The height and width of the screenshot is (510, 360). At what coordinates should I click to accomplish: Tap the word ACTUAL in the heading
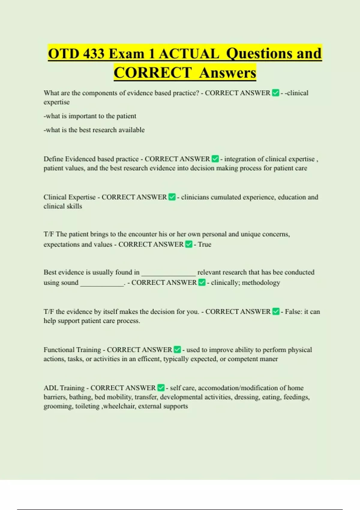coord(189,54)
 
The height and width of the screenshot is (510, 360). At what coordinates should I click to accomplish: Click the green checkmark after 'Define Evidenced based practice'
coord(215,159)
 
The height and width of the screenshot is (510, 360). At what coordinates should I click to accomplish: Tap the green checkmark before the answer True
coord(189,244)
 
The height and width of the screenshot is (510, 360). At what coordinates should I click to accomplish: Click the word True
coord(205,244)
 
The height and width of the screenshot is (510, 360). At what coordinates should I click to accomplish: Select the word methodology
coord(261,283)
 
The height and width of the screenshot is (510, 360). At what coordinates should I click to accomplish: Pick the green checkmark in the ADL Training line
coord(161,388)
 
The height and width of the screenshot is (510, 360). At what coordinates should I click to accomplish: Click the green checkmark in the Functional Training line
coord(177,349)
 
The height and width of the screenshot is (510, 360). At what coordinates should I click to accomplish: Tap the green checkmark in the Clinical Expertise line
coord(172,197)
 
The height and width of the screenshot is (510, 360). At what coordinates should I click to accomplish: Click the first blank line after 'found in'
coord(168,274)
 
